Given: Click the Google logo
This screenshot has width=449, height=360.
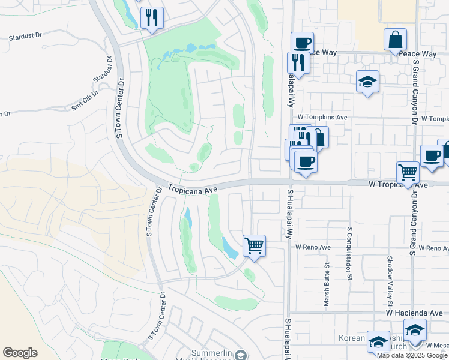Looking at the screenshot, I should click(x=20, y=353).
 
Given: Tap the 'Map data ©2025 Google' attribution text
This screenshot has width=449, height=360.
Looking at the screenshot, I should click(x=412, y=355).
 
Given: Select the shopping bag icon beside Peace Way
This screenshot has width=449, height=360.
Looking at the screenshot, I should click(x=396, y=40).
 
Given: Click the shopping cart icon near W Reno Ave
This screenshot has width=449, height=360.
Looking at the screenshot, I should click(x=254, y=245).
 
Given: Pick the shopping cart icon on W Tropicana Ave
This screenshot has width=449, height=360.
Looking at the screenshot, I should click(x=408, y=172).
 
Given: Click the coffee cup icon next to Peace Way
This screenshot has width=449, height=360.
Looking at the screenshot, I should click(x=302, y=43).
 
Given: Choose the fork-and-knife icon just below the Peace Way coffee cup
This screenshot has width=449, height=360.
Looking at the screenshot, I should click(x=297, y=62).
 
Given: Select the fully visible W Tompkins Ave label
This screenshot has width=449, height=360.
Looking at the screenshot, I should click(x=322, y=117).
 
